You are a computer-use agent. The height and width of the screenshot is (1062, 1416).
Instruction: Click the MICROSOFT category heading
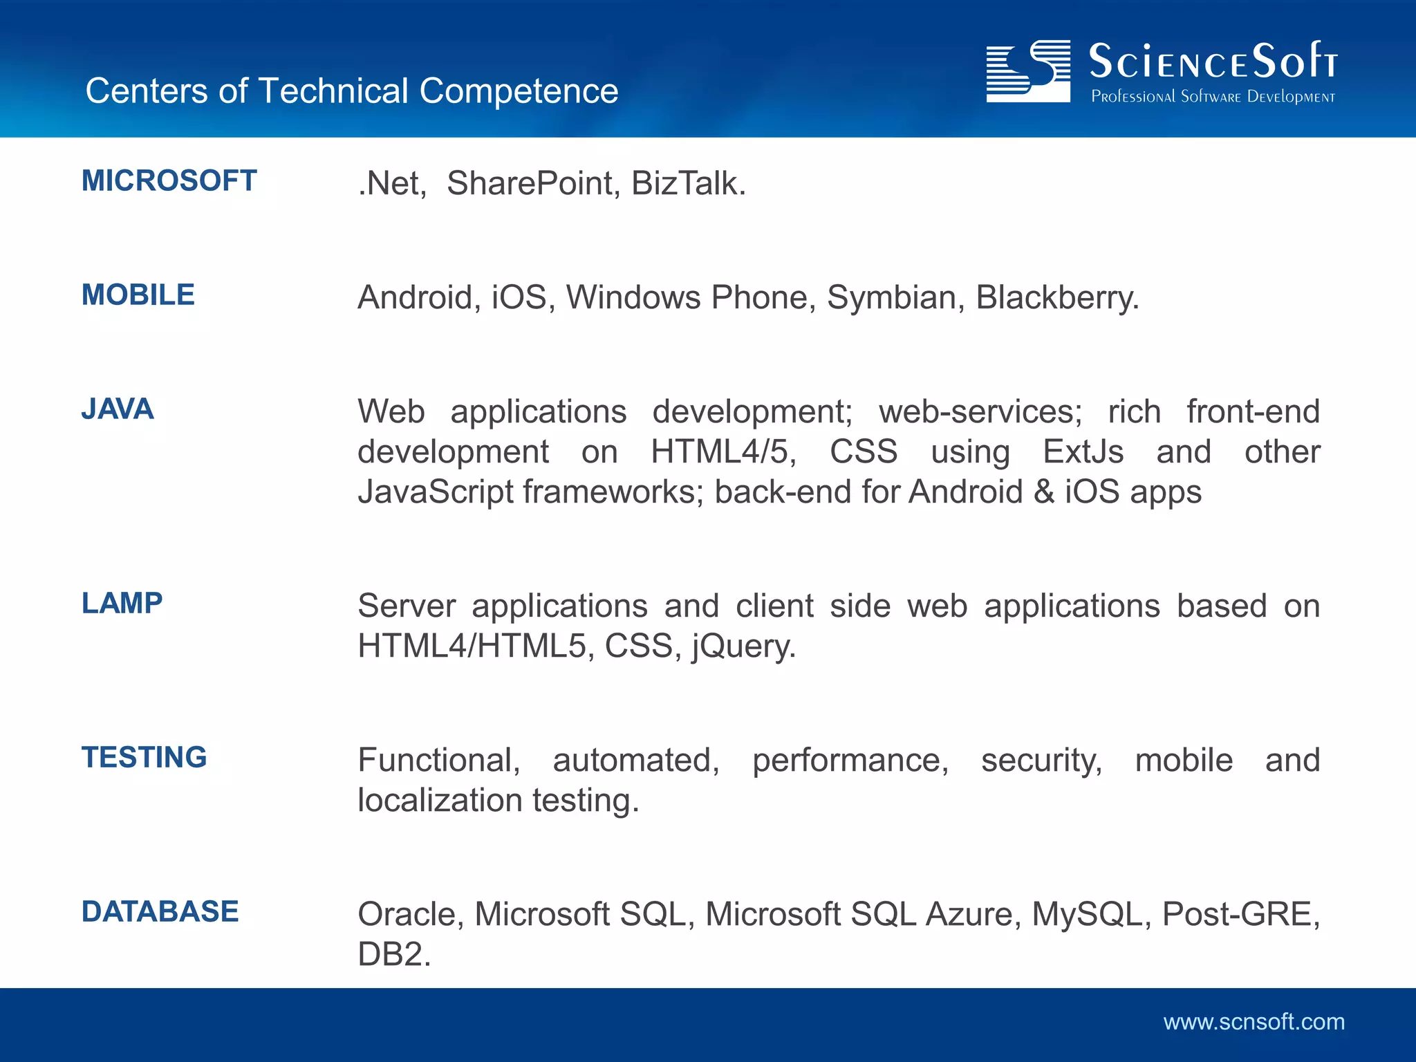tap(169, 180)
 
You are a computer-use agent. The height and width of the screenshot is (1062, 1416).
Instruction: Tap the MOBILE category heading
tap(138, 295)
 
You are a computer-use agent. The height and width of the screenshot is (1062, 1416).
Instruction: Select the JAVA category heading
tap(118, 409)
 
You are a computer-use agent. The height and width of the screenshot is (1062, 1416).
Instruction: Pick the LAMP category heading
tap(122, 603)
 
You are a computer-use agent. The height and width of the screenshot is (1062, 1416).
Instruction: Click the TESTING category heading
tap(144, 757)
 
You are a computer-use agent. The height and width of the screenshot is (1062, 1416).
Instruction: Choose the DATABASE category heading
tap(160, 911)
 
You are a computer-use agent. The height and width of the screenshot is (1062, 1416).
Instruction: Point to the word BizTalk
tap(687, 183)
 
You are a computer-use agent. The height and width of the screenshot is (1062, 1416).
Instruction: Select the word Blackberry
tap(1056, 297)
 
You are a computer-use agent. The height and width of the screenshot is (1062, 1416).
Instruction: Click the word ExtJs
tap(1083, 451)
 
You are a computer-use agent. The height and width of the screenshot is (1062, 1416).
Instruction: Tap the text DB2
tap(393, 954)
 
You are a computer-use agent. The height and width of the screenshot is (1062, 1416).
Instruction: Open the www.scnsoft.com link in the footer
tap(1254, 1022)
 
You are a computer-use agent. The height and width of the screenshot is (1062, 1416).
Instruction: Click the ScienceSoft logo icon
tap(1027, 71)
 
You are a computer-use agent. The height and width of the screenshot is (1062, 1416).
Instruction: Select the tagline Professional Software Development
tap(1213, 97)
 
